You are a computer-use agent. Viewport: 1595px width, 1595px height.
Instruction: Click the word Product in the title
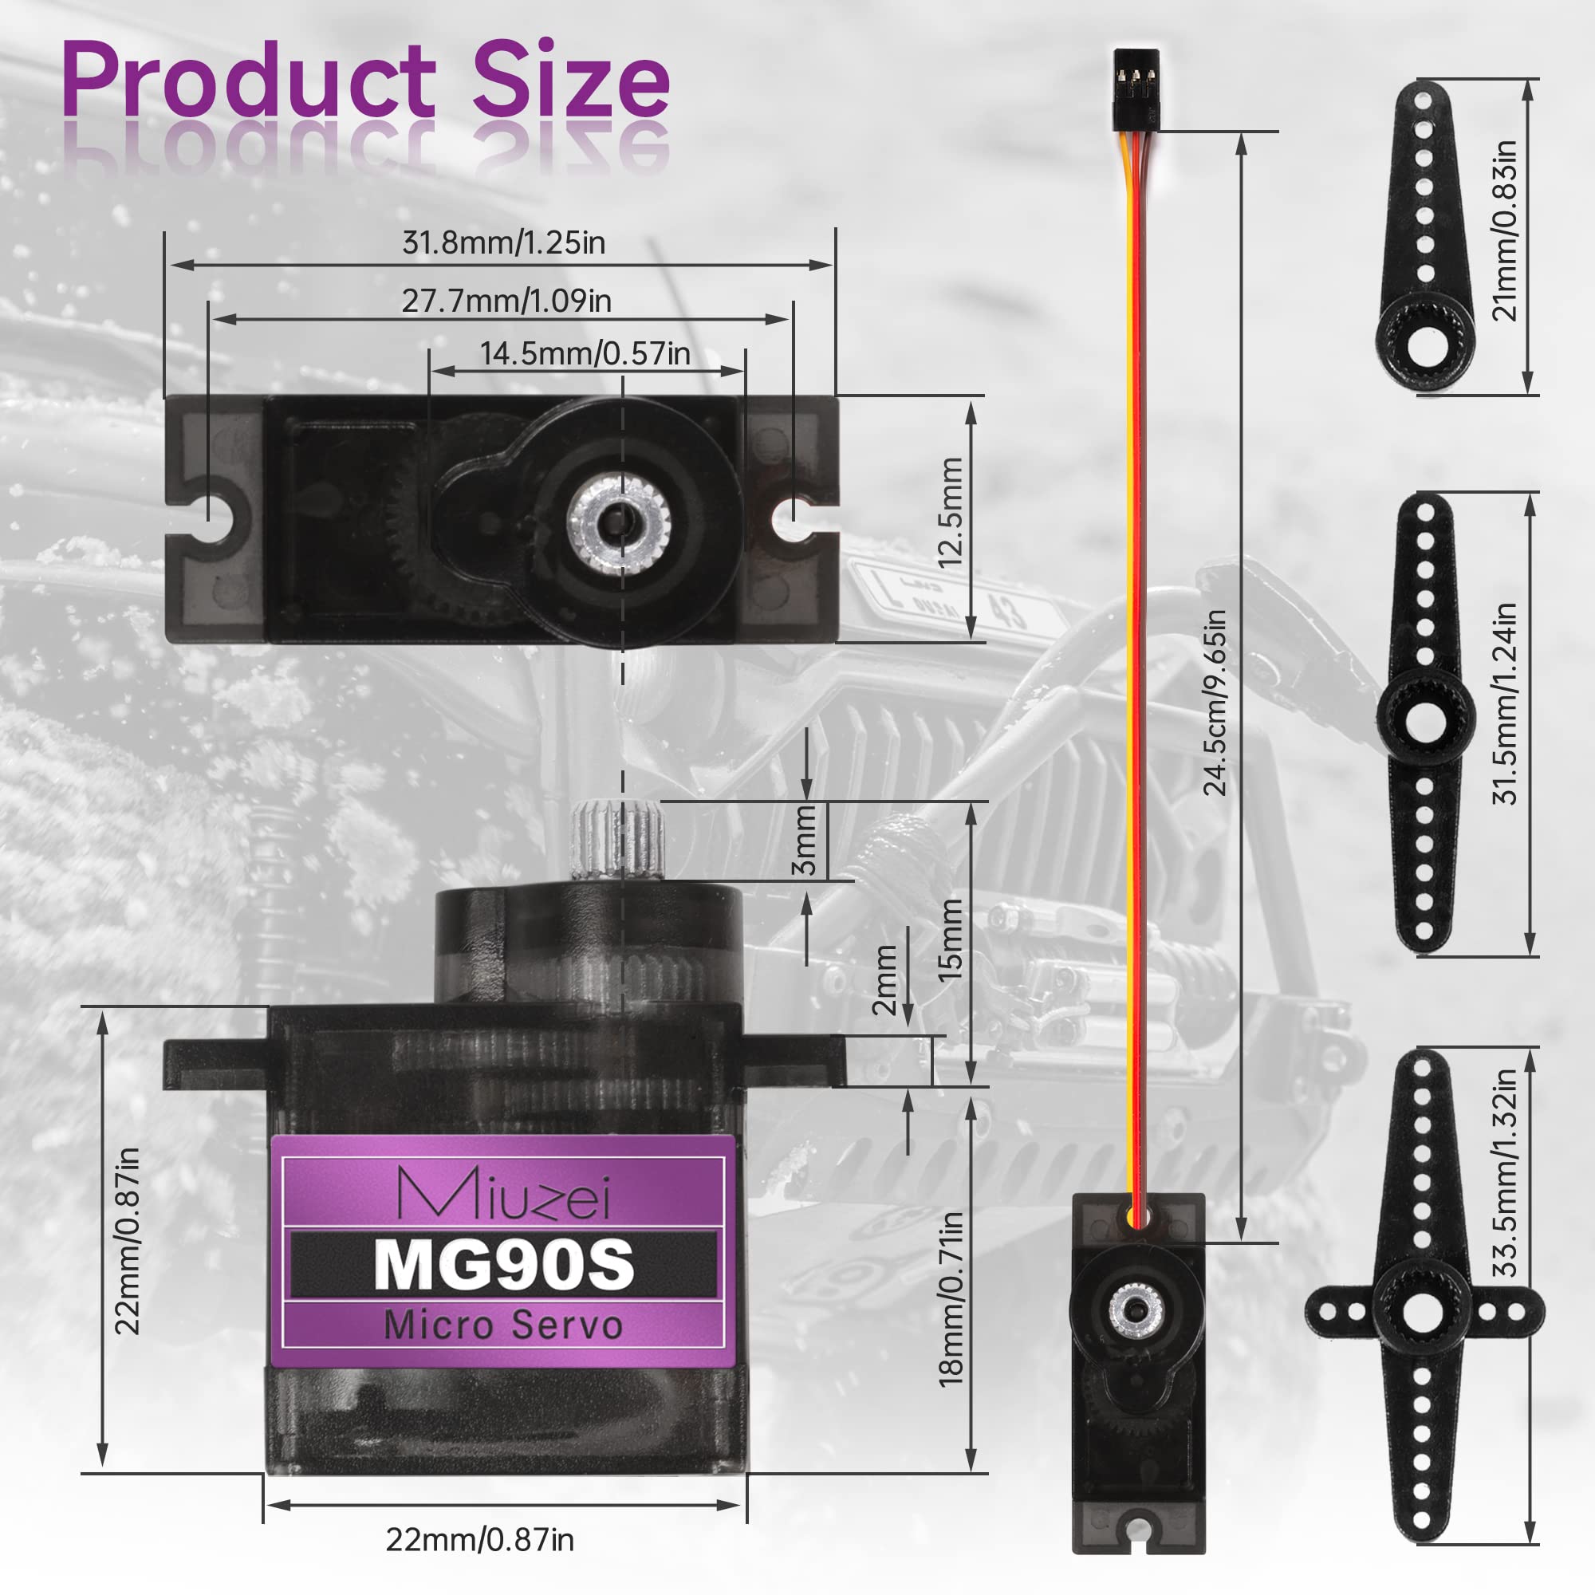click(248, 83)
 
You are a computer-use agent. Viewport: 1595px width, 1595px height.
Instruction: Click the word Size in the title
click(569, 83)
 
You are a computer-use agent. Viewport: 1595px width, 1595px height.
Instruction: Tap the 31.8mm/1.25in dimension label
click(503, 242)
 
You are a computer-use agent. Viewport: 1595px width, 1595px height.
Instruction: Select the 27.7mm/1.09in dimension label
click(506, 301)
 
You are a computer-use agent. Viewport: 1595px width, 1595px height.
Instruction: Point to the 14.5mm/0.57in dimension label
click(585, 353)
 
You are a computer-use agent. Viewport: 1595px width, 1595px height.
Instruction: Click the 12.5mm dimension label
click(951, 512)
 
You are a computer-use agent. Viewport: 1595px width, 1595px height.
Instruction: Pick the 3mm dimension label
click(803, 841)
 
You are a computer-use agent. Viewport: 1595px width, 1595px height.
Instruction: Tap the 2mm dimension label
click(884, 980)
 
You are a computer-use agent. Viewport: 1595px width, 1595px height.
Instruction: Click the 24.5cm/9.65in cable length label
click(1215, 703)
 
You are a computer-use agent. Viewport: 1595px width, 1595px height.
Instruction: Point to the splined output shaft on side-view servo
click(617, 840)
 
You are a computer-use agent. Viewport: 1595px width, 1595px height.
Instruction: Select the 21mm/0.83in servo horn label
click(1506, 230)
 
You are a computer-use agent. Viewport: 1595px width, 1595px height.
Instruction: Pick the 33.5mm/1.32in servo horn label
click(1506, 1172)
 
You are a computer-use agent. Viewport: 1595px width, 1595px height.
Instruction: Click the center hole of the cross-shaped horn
click(1423, 1310)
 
